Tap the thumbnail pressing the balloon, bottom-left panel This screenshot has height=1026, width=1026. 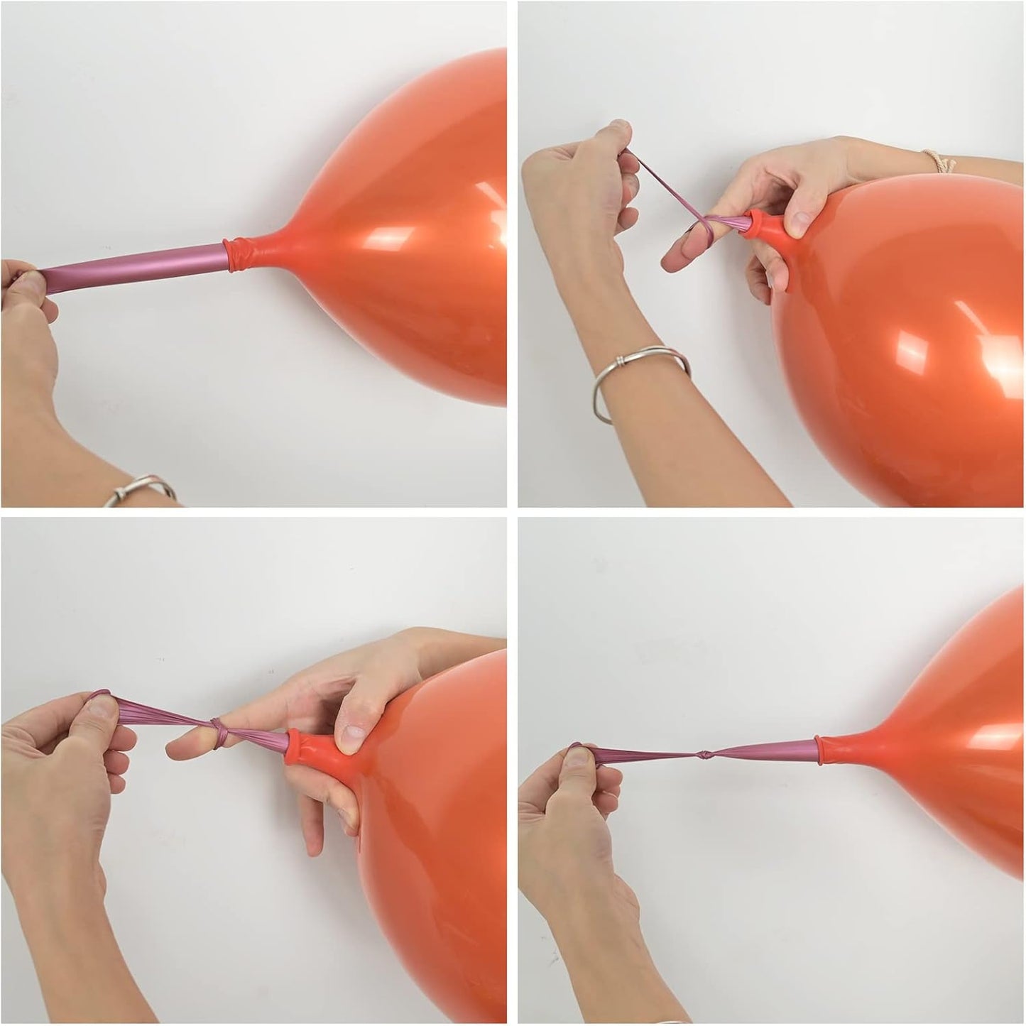(350, 736)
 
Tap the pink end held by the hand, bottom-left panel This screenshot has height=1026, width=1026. (99, 699)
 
